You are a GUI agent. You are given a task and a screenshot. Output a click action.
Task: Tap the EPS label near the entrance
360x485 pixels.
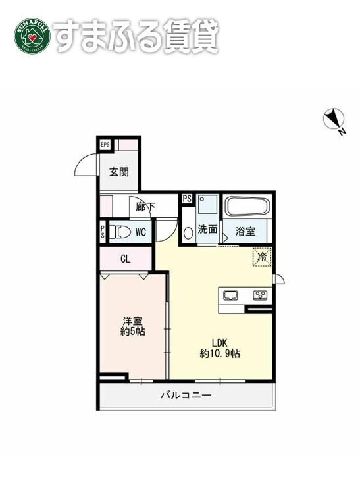pyautogui.click(x=105, y=145)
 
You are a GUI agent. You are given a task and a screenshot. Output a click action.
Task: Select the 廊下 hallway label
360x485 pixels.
pyautogui.click(x=145, y=207)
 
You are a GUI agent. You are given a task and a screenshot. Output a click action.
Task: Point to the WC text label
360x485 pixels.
pyautogui.click(x=141, y=232)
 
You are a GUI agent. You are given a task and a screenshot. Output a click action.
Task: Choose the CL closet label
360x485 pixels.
pyautogui.click(x=125, y=259)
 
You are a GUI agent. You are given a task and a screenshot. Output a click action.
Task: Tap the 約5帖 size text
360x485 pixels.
pyautogui.click(x=133, y=332)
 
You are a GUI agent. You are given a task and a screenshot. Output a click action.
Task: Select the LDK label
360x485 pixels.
pyautogui.click(x=219, y=342)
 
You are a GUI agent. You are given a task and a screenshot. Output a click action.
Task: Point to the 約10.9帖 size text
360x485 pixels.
pyautogui.click(x=219, y=353)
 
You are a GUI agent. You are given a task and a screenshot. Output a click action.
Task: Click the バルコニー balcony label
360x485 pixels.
pyautogui.click(x=186, y=396)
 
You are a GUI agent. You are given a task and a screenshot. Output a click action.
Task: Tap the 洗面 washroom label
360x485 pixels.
pyautogui.click(x=208, y=230)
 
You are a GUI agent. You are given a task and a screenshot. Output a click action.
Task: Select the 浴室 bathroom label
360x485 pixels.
pyautogui.click(x=246, y=230)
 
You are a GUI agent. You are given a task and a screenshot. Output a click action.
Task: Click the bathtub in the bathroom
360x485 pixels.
pyautogui.click(x=247, y=207)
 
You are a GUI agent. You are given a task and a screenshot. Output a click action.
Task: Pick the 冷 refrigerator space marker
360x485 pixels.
pyautogui.click(x=261, y=257)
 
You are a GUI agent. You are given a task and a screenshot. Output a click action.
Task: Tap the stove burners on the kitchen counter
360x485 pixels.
pyautogui.click(x=260, y=295)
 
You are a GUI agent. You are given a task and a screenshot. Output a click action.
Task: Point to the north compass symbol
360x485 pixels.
pyautogui.click(x=334, y=120)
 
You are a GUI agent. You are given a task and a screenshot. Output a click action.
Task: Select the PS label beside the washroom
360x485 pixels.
pyautogui.click(x=187, y=199)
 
